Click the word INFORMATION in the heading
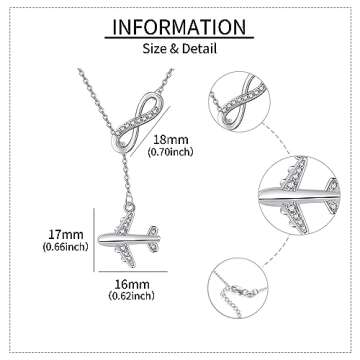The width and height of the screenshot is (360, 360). point(179,27)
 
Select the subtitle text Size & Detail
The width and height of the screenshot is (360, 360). point(180,49)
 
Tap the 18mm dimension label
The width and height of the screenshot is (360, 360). point(171,139)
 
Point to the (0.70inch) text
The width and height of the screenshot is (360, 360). point(170,152)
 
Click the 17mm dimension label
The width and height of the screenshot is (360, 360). point(66,234)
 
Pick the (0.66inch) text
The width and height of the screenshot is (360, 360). point(65,247)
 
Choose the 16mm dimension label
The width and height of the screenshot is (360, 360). point(132,284)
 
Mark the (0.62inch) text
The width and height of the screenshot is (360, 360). point(132,295)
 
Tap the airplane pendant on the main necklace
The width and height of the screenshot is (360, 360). point(128,239)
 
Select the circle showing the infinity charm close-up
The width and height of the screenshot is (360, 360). point(239,102)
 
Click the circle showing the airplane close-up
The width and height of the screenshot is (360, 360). point(299,195)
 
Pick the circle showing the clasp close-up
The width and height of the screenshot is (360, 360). point(238,288)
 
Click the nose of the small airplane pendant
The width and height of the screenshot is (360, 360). point(101,239)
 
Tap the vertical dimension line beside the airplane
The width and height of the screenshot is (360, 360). point(94,240)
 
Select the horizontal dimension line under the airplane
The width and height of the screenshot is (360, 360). point(133,271)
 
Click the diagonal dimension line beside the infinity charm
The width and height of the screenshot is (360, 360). point(150,131)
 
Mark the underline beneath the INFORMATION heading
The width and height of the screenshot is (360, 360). point(179,38)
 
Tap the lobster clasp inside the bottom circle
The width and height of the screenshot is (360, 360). point(244,291)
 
